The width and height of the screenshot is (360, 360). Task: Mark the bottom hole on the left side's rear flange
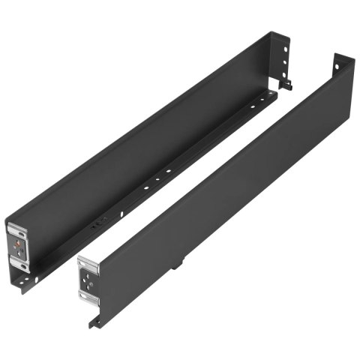pos(286,73)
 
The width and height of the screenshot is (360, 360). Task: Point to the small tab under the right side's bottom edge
pos(179,264)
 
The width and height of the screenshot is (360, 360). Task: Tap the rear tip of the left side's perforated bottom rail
pos(277,92)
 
